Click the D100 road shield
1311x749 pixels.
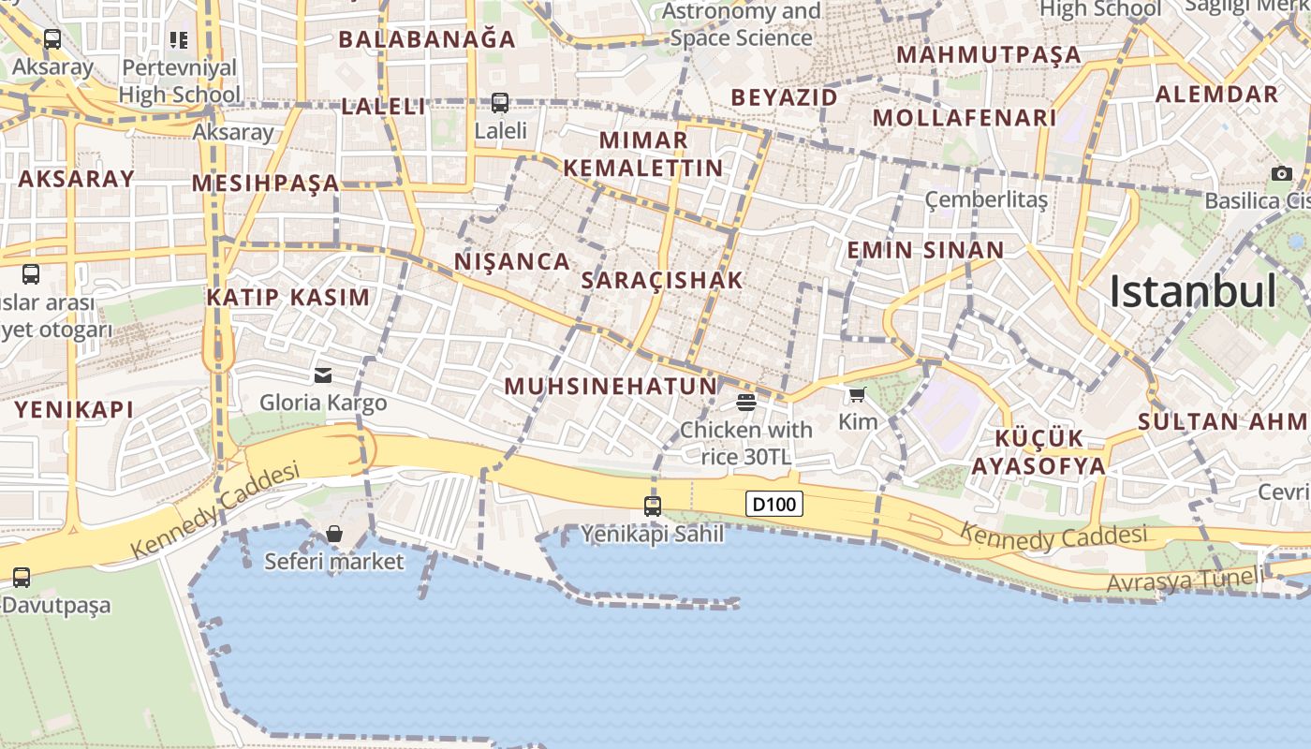(774, 505)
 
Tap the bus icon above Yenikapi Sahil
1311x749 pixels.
(653, 507)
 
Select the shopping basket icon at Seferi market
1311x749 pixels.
(334, 535)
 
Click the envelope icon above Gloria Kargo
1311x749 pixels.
(323, 375)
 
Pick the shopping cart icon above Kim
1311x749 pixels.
(857, 394)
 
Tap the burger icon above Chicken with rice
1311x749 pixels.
(746, 403)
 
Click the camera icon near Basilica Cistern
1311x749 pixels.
(1282, 173)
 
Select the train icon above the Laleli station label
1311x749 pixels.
(500, 103)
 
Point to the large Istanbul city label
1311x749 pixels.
(1192, 291)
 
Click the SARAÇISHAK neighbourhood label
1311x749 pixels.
(662, 280)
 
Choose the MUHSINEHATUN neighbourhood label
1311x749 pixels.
(611, 386)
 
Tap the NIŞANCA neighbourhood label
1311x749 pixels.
(512, 261)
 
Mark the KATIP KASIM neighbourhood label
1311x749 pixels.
(288, 298)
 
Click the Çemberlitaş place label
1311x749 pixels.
(986, 199)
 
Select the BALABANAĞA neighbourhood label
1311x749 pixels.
(427, 39)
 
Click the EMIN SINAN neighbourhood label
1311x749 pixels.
(925, 250)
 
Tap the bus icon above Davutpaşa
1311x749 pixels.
(22, 578)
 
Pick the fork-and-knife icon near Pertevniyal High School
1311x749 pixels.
(178, 39)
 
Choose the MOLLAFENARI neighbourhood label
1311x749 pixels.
(965, 118)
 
